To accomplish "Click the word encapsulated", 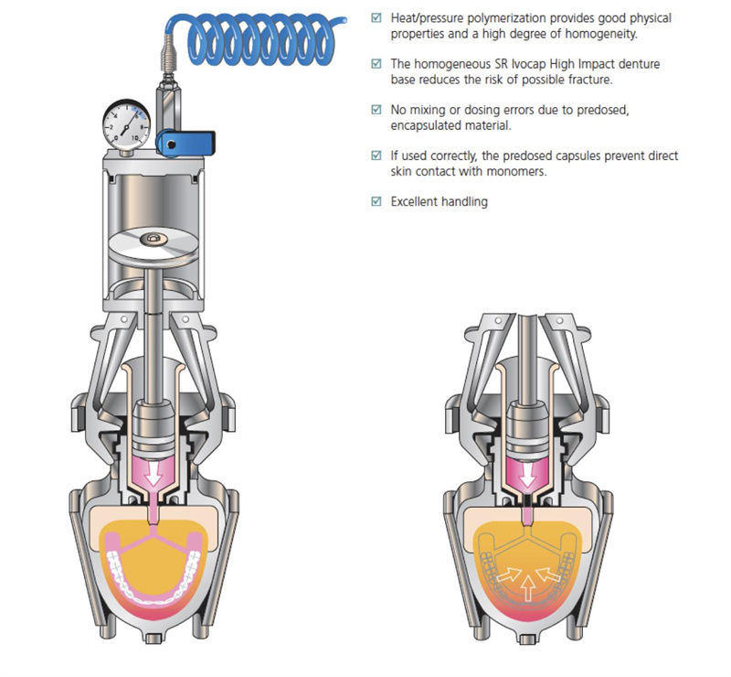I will coord(429,125).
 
